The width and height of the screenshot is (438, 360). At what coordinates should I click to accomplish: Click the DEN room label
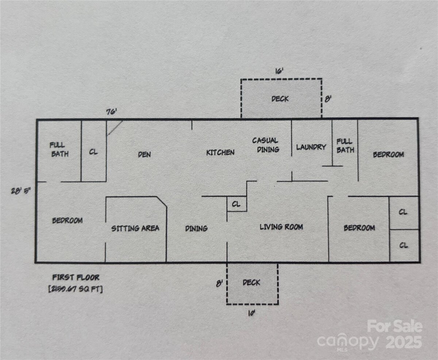(x=145, y=154)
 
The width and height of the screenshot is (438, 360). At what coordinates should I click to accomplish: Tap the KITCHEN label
(x=220, y=153)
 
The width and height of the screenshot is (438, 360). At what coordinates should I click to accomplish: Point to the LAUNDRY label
(x=311, y=147)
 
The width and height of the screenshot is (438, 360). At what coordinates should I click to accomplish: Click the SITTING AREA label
(x=135, y=228)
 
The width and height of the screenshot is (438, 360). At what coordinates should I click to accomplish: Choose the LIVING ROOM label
(x=281, y=227)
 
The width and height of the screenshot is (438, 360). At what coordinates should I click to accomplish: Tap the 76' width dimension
(x=112, y=112)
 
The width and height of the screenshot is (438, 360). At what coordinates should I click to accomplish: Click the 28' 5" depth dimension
(x=21, y=191)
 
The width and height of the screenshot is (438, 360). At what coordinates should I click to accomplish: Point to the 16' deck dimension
(x=279, y=71)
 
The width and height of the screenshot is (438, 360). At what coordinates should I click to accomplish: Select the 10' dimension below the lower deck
(x=251, y=313)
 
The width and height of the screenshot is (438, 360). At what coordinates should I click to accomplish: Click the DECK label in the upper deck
(x=280, y=99)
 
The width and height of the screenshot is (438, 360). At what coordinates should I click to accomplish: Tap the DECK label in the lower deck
(x=251, y=283)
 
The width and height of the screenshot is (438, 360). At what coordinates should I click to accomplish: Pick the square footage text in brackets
(x=76, y=289)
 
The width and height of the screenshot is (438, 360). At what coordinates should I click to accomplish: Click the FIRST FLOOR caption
(x=76, y=277)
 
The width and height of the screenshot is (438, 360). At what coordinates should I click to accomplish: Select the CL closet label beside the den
(x=93, y=152)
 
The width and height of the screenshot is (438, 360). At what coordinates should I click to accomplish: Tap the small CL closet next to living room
(x=236, y=204)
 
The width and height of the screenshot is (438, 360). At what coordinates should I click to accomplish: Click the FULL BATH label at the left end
(x=59, y=149)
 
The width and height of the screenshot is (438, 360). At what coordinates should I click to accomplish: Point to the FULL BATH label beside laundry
(x=345, y=146)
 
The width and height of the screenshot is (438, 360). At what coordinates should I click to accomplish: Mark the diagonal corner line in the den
(x=115, y=128)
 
